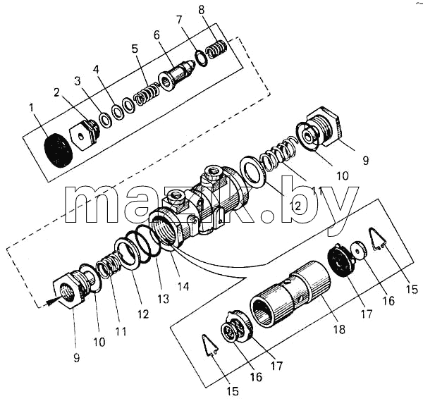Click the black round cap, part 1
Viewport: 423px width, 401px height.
[58, 150]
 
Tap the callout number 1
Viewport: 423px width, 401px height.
[32, 108]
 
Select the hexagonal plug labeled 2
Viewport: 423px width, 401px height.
[85, 135]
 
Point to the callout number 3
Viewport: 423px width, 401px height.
[78, 81]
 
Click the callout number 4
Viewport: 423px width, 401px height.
[97, 70]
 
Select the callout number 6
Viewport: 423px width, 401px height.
[157, 35]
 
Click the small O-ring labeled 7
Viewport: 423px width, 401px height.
[201, 58]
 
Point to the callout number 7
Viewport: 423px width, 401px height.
[179, 20]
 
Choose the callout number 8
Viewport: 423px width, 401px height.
[201, 10]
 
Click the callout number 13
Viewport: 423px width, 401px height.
[164, 299]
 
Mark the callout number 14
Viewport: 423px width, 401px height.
[183, 286]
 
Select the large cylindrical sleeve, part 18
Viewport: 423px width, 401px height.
[290, 294]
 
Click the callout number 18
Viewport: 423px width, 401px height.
[339, 329]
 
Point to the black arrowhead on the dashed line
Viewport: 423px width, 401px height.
[51, 302]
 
